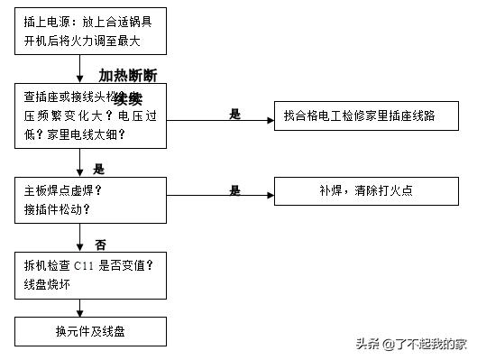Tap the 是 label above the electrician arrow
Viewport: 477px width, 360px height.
(235, 113)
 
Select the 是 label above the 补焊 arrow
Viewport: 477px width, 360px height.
(235, 189)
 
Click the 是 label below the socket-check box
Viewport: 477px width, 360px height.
(99, 168)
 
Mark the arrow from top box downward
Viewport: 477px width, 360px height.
(81, 69)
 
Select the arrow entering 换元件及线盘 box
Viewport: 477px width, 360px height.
(81, 308)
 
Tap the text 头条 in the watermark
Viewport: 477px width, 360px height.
(366, 343)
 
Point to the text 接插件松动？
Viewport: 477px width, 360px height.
(57, 208)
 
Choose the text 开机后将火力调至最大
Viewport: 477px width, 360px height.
(82, 41)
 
